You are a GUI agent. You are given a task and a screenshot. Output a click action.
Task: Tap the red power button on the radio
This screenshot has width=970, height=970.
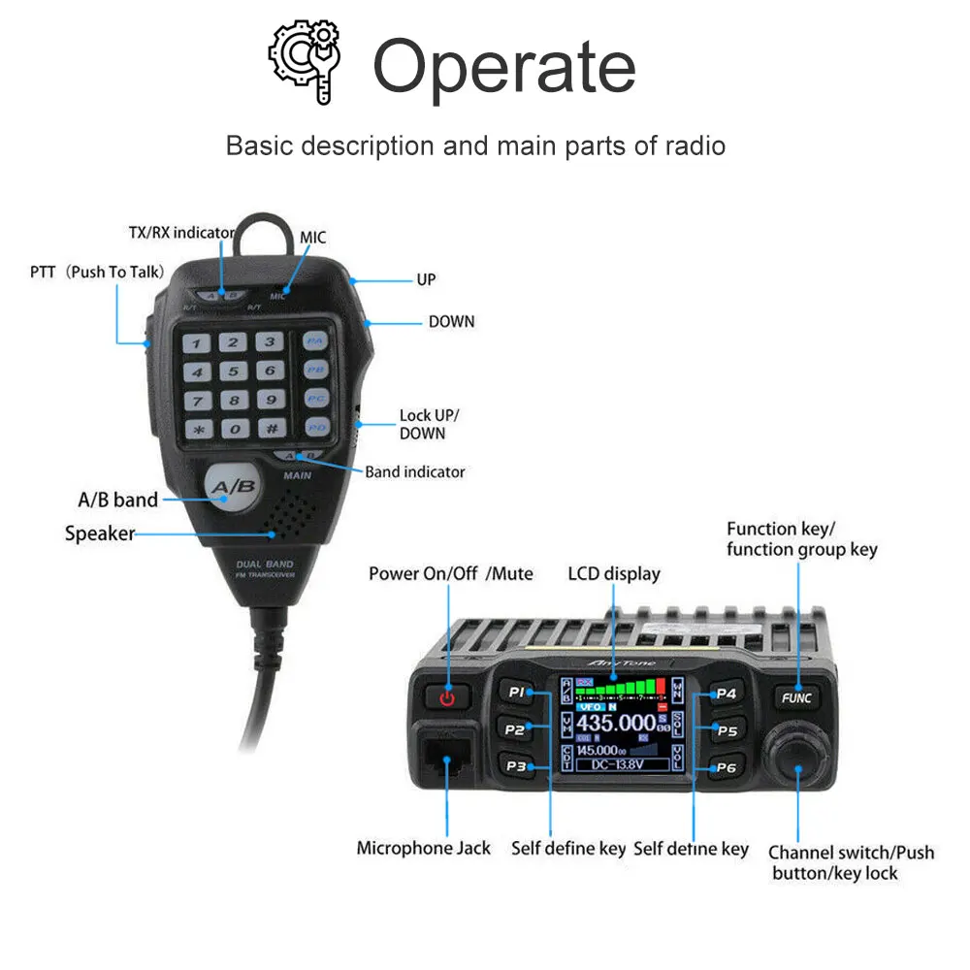click(x=446, y=696)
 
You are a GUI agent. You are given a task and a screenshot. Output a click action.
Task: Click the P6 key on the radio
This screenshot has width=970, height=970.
click(x=726, y=768)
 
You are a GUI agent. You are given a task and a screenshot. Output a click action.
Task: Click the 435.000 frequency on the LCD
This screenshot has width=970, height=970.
click(x=616, y=723)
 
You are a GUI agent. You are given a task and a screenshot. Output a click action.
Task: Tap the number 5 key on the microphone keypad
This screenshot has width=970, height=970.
click(x=233, y=371)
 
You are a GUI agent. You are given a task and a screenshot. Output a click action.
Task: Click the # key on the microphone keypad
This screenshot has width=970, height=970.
click(x=271, y=428)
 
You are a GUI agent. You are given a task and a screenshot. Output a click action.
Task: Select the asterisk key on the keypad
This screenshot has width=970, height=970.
click(x=198, y=428)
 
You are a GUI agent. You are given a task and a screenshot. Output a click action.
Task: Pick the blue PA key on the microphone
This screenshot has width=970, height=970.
click(x=314, y=341)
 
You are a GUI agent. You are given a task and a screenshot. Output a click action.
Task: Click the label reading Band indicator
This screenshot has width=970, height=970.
click(x=415, y=472)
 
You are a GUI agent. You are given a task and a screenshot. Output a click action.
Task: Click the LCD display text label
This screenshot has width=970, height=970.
click(x=613, y=573)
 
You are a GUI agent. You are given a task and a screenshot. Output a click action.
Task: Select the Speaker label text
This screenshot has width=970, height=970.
click(x=99, y=533)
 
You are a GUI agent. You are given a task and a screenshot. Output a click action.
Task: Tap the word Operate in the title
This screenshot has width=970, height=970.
click(x=503, y=66)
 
